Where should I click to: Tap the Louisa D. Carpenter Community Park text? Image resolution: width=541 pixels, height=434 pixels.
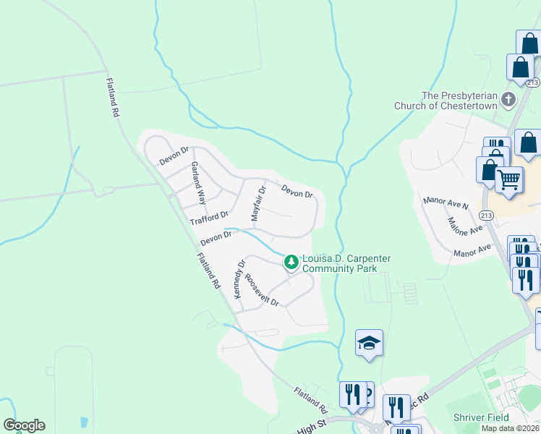340,263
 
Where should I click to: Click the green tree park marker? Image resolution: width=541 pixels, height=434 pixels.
291,262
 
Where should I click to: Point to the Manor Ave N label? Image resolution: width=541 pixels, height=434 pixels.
446,201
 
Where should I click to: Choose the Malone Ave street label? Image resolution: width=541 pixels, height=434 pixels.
464,226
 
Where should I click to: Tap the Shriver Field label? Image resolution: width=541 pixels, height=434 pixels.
481,417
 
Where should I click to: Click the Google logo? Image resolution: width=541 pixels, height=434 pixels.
24,425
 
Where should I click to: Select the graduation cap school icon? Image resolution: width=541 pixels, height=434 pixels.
370,344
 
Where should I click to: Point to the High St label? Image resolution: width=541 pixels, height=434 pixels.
312,429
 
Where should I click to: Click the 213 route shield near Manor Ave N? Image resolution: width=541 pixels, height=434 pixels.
486,216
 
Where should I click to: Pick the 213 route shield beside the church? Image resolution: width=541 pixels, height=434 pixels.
533,82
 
